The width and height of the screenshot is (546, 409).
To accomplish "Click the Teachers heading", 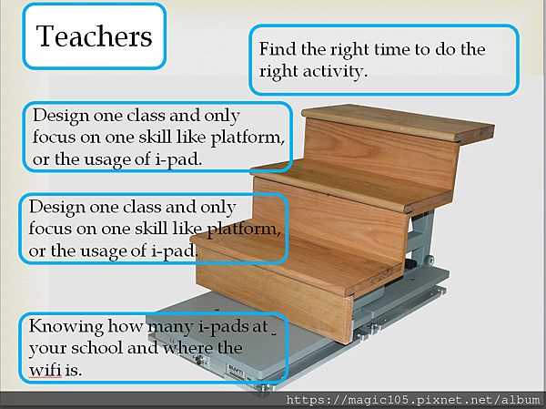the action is [x=94, y=36].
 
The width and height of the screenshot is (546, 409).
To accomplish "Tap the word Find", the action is [x=278, y=49].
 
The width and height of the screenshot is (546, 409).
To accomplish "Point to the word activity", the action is [x=335, y=72].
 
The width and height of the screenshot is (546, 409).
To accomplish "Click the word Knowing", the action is [x=66, y=327].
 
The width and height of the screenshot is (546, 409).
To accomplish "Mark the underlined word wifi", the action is [x=45, y=370].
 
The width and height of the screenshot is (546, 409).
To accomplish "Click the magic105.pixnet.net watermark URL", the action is [x=412, y=400].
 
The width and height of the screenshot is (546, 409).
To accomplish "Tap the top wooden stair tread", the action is [x=398, y=122].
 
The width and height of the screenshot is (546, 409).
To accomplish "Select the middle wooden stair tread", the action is [x=351, y=187].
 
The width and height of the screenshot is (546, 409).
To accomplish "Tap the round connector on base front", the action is [x=199, y=360].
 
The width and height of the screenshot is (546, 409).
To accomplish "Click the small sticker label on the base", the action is [x=236, y=372].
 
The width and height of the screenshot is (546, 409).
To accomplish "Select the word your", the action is [x=47, y=349].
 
